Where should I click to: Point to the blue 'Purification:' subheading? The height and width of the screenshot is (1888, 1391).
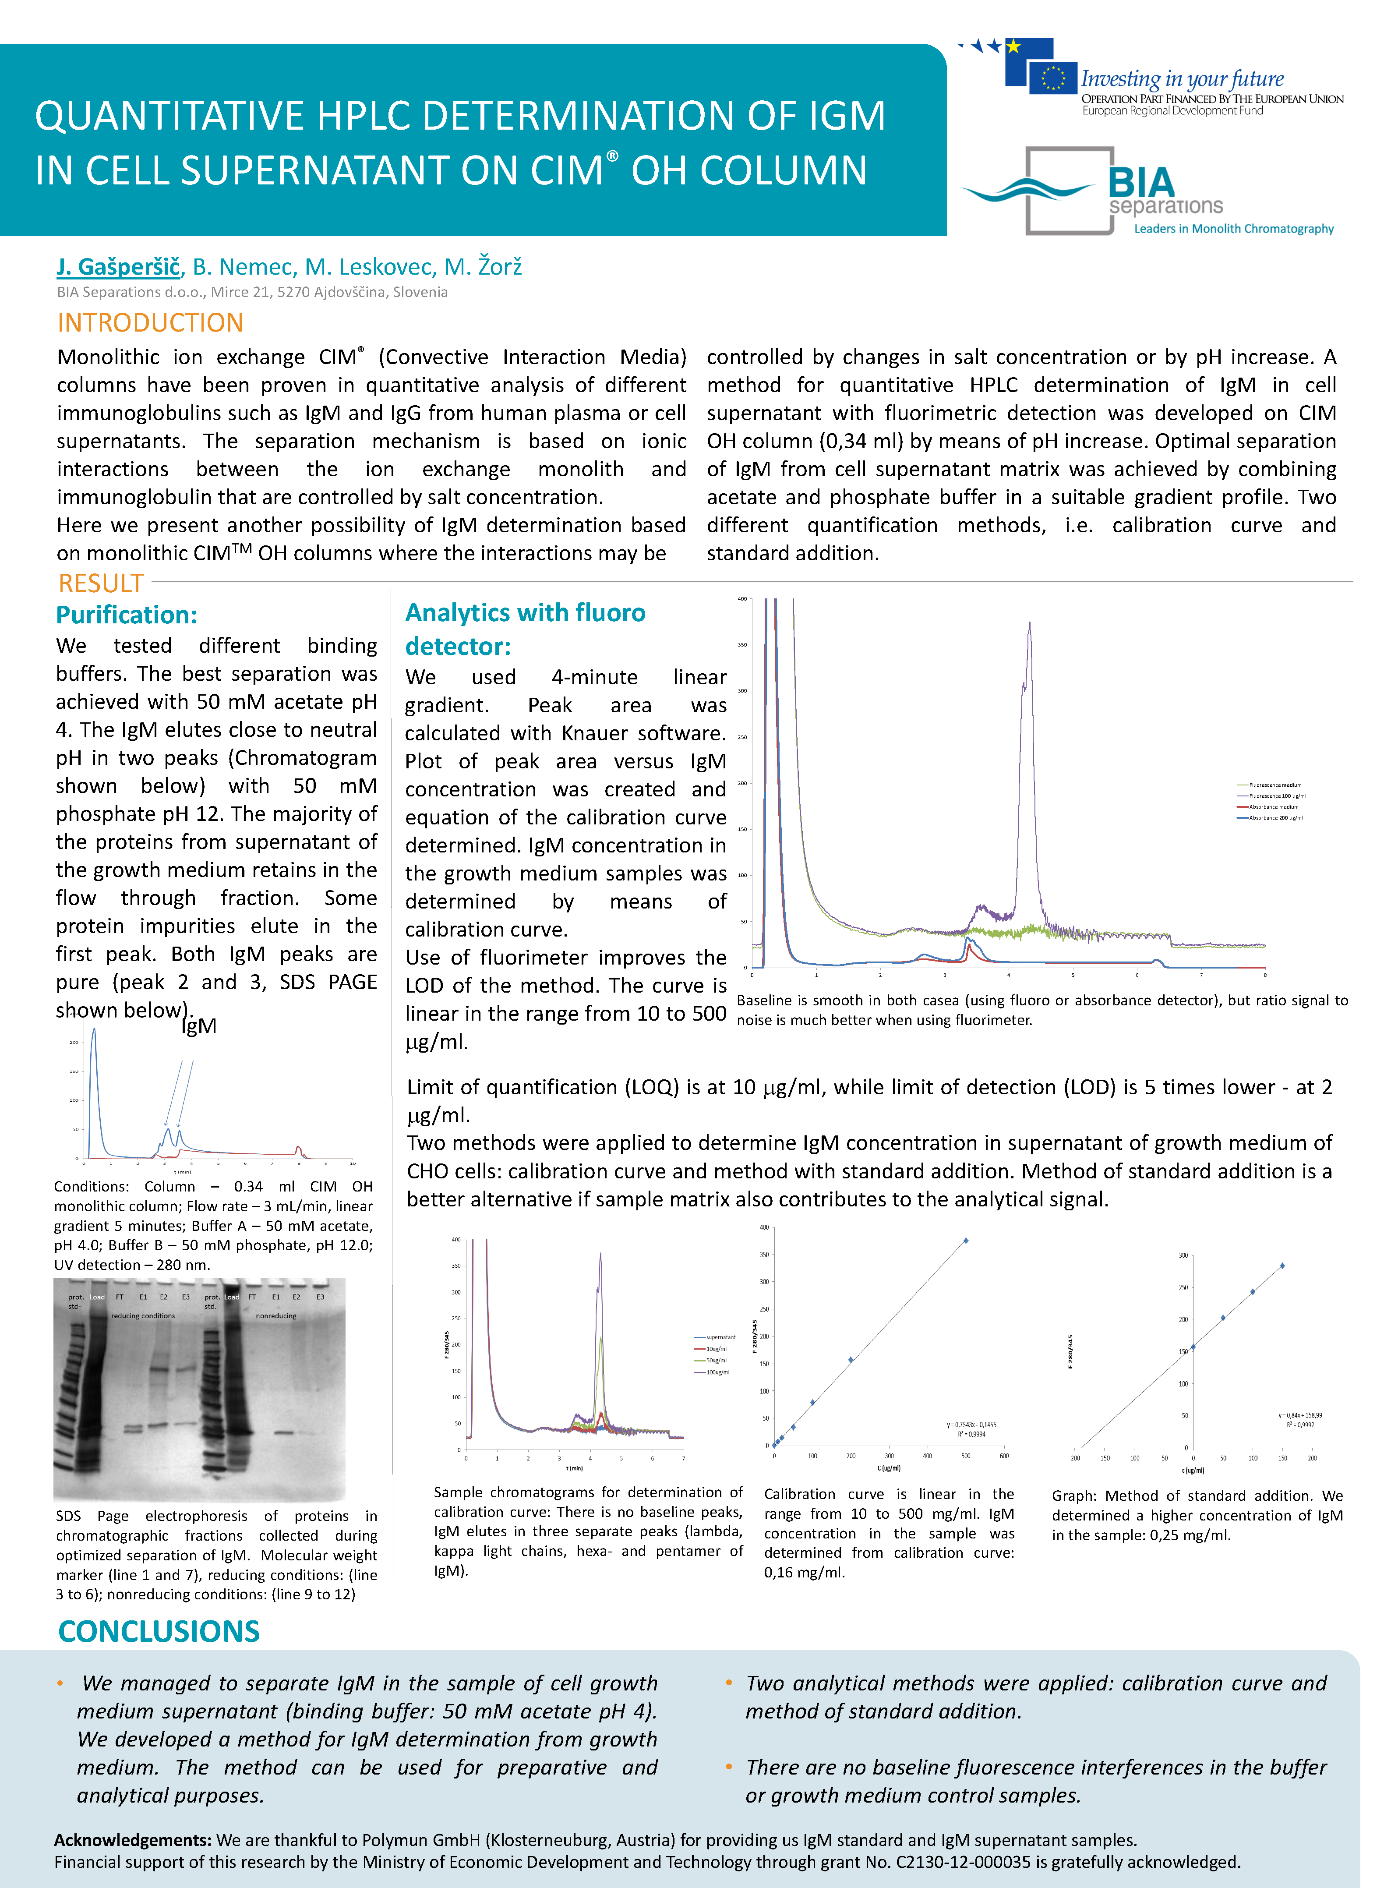126,615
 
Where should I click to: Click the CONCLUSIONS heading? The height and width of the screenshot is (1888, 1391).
158,1631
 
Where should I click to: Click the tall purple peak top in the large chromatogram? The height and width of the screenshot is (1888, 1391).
1029,624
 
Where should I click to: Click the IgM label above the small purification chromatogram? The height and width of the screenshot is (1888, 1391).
200,1025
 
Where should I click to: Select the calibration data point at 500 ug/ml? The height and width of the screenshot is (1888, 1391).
966,1241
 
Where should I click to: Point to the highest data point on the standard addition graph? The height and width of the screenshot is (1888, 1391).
1282,1266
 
